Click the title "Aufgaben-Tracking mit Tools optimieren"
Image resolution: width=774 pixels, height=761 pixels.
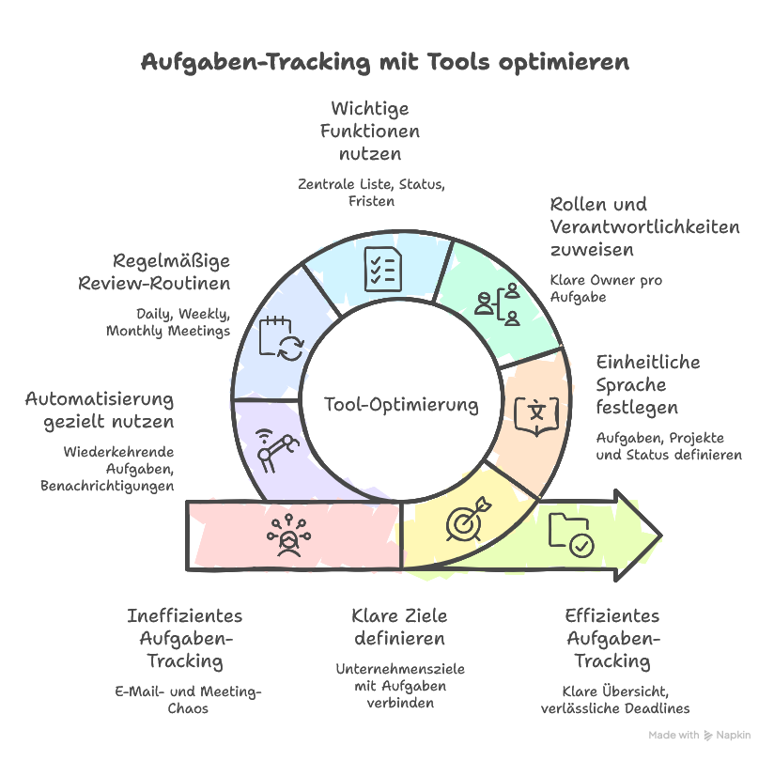pyautogui.click(x=385, y=63)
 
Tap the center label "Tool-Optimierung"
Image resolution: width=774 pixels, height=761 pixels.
pyautogui.click(x=401, y=405)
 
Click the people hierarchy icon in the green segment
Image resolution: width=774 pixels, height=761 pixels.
pyautogui.click(x=498, y=302)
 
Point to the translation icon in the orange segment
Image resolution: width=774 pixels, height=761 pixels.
pyautogui.click(x=536, y=412)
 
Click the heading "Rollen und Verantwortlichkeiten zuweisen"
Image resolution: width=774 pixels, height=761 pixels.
pyautogui.click(x=644, y=226)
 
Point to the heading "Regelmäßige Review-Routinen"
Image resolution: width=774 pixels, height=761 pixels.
pyautogui.click(x=171, y=272)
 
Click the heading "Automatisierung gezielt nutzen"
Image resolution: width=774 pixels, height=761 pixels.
pyautogui.click(x=99, y=410)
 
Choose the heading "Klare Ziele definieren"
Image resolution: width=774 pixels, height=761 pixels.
pyautogui.click(x=399, y=628)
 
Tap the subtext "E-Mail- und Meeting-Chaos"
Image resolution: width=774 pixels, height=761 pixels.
pyautogui.click(x=187, y=700)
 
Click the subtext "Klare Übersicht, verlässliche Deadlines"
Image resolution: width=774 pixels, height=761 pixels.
pyautogui.click(x=614, y=700)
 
